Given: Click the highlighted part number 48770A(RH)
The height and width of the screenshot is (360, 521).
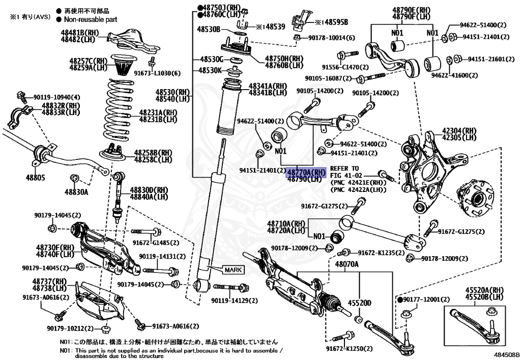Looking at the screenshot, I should click(305, 172).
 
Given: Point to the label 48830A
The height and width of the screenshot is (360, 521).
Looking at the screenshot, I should click(76, 192).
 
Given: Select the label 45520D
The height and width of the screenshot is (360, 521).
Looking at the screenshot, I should click(359, 303).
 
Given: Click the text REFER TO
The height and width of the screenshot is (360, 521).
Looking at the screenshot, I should click(344, 168).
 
